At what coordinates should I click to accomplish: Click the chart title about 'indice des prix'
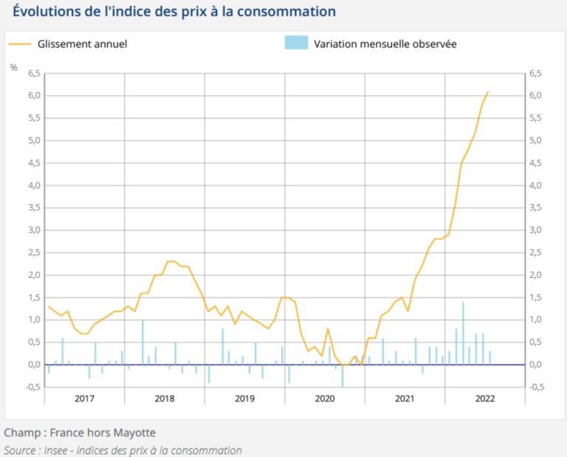tap(174, 12)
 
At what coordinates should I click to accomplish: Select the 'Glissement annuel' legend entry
tap(82, 44)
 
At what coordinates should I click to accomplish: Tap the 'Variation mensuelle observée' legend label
tap(385, 44)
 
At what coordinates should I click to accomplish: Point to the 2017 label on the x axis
tap(84, 399)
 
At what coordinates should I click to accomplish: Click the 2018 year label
tap(164, 399)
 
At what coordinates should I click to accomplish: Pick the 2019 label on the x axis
tap(244, 399)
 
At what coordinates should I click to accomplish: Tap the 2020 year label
tap(325, 399)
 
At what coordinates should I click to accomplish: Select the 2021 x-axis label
tap(405, 399)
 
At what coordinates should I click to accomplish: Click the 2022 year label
tap(485, 399)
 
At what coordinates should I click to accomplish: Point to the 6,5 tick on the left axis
tap(34, 73)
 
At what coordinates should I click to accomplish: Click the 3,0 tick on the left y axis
tap(34, 230)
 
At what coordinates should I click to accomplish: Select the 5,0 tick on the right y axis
tap(536, 141)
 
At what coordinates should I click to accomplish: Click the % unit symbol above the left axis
tap(14, 67)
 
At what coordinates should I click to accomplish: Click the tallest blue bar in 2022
tap(463, 333)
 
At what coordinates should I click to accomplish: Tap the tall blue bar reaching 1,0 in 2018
tap(142, 342)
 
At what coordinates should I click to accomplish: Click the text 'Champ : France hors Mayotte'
tap(80, 432)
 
